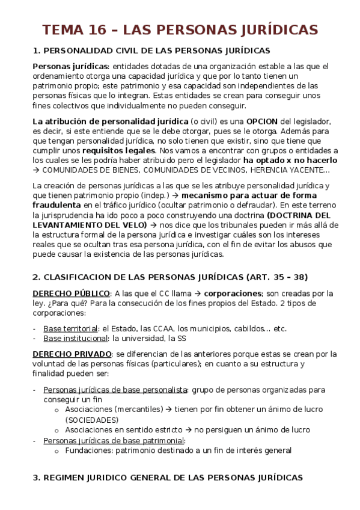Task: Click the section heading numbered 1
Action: coord(151,51)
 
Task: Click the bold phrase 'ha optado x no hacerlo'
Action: coord(290,161)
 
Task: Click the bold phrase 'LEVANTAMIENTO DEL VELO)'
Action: coord(90,225)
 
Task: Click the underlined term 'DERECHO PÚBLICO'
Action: coord(72,293)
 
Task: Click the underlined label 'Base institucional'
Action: coord(76,339)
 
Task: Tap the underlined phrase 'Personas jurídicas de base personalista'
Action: coord(115,389)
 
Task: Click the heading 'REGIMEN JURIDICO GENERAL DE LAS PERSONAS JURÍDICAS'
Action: coord(168,478)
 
